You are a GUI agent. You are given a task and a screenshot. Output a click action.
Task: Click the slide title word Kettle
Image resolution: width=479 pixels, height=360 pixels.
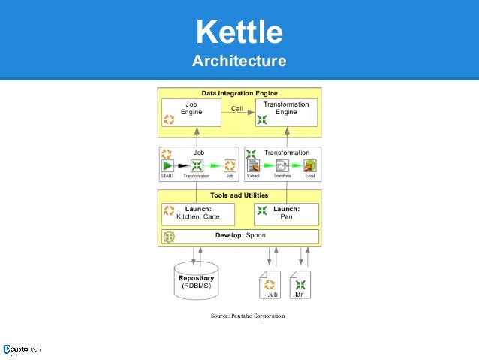click(239, 32)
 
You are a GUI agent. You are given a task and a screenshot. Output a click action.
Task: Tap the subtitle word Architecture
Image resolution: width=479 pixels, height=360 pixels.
click(239, 60)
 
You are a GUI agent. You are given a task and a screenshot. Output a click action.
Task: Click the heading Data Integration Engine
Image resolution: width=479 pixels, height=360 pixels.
click(239, 92)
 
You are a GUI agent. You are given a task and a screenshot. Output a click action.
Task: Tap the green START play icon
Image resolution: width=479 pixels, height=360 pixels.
click(167, 166)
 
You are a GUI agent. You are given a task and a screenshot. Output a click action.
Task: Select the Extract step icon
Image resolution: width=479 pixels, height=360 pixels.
click(253, 166)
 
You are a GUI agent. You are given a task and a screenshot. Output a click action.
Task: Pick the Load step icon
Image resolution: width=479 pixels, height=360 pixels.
click(309, 166)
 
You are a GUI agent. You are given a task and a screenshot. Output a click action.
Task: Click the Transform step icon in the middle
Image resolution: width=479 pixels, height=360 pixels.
click(282, 166)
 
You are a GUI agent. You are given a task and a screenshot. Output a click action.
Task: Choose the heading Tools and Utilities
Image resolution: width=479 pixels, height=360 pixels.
click(239, 195)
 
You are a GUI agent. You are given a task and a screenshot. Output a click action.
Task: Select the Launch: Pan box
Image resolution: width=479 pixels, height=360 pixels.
click(286, 213)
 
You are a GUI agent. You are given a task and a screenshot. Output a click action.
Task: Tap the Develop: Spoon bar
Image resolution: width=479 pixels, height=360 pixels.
click(239, 236)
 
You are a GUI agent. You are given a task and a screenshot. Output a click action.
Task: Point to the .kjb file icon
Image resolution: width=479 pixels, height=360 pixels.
click(270, 286)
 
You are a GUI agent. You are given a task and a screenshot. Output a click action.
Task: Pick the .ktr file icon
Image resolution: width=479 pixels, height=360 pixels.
click(300, 286)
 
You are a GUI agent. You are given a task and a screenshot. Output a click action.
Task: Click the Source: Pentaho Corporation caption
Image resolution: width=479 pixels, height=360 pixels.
click(248, 316)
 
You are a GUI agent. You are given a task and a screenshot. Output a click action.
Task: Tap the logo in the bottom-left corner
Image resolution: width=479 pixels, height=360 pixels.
click(21, 349)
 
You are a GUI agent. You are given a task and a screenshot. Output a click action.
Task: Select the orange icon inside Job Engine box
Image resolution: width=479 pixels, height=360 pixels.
click(169, 119)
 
